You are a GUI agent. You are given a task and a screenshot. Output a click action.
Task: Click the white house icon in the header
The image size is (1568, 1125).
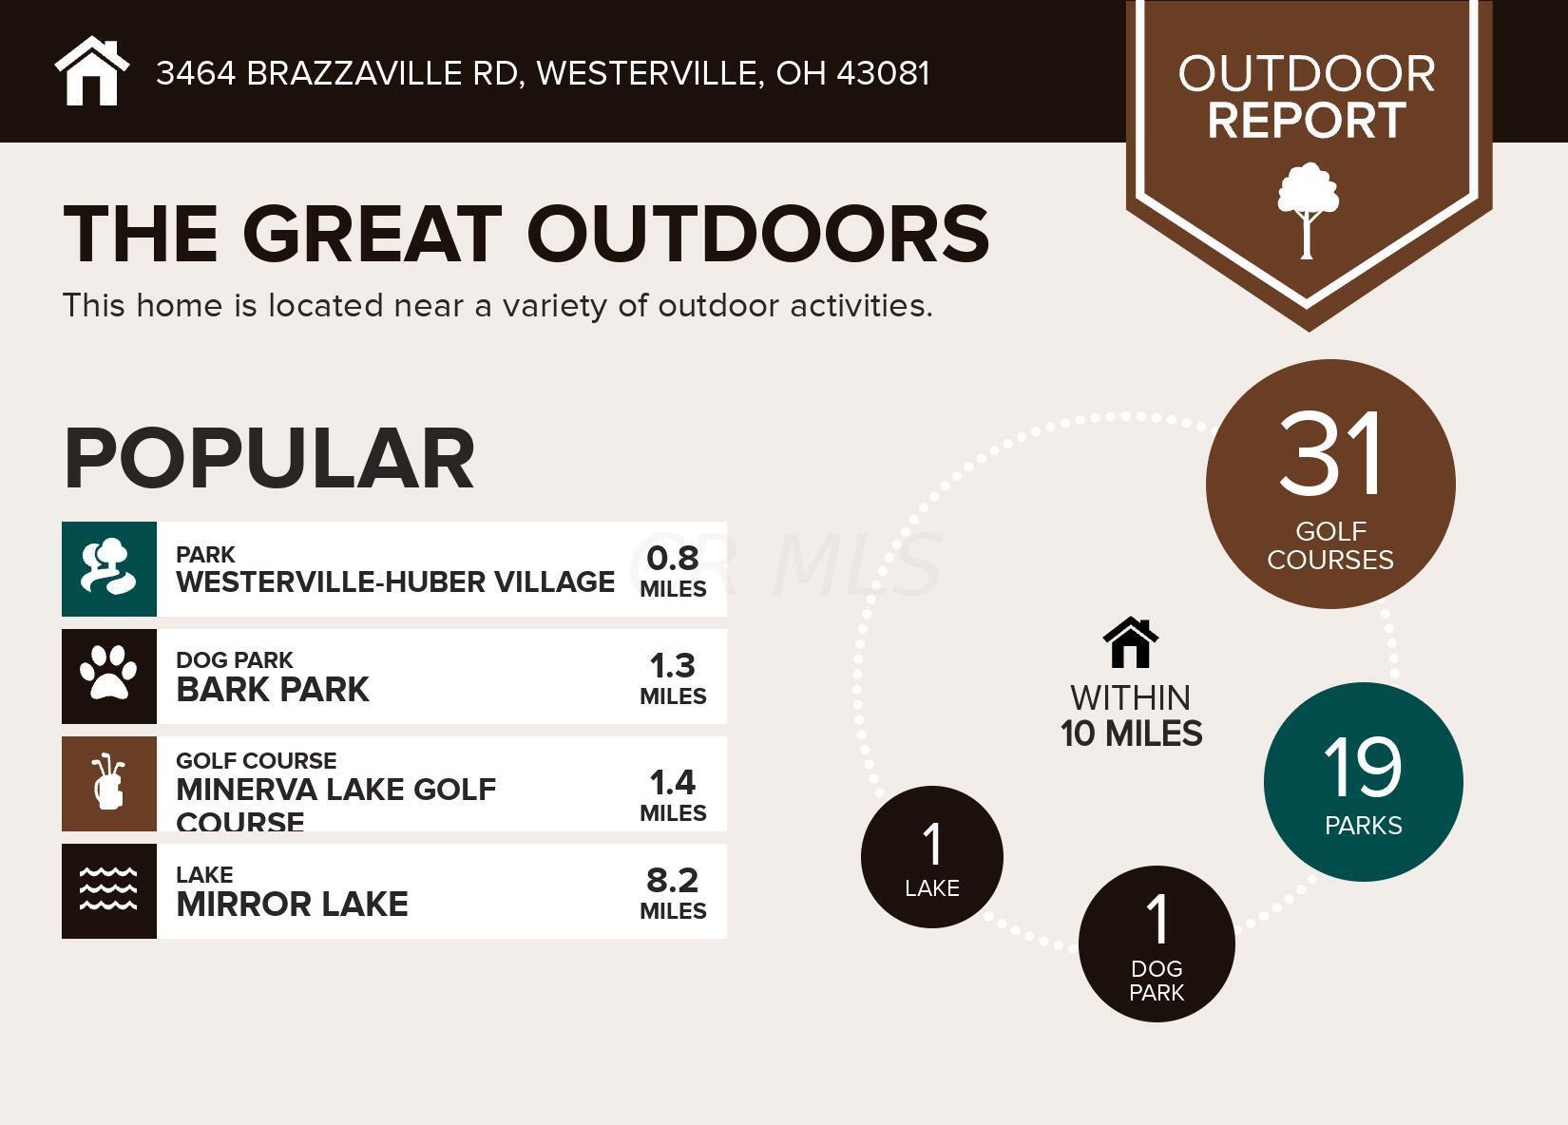tap(92, 70)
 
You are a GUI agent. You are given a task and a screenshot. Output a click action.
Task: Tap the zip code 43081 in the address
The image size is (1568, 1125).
tap(883, 73)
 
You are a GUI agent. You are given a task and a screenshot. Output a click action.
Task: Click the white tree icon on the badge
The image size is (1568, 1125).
tap(1308, 211)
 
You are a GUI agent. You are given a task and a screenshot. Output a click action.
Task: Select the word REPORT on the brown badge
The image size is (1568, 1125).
tap(1307, 121)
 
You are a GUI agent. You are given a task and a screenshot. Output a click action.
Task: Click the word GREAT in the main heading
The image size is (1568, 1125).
tap(373, 234)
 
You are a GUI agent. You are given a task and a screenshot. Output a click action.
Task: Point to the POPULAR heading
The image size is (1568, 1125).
tap(270, 459)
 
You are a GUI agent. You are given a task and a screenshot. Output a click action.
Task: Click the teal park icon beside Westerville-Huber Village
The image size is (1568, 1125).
tap(109, 569)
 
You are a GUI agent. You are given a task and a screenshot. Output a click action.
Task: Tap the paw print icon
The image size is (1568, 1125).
tap(109, 672)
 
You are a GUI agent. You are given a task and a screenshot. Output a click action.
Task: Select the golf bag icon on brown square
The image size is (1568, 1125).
tap(109, 783)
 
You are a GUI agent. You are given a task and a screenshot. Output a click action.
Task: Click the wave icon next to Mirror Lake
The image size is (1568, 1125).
tap(108, 889)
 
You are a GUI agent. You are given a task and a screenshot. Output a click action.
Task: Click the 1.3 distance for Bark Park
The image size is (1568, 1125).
tap(673, 666)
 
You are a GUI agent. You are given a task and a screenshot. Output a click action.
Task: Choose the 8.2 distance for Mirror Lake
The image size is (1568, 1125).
tap(673, 881)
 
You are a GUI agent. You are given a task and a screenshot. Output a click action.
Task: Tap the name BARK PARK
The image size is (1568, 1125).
tap(273, 690)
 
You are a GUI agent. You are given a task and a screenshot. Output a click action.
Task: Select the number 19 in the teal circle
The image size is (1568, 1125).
tap(1363, 768)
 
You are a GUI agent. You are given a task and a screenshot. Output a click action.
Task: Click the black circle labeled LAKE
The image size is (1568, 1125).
tap(931, 857)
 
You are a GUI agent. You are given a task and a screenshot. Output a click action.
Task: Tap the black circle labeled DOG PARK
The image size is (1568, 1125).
tap(1157, 944)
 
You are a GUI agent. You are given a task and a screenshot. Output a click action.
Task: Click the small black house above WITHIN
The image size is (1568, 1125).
tap(1131, 642)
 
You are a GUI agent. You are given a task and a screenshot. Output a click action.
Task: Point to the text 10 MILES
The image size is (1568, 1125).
tap(1131, 734)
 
